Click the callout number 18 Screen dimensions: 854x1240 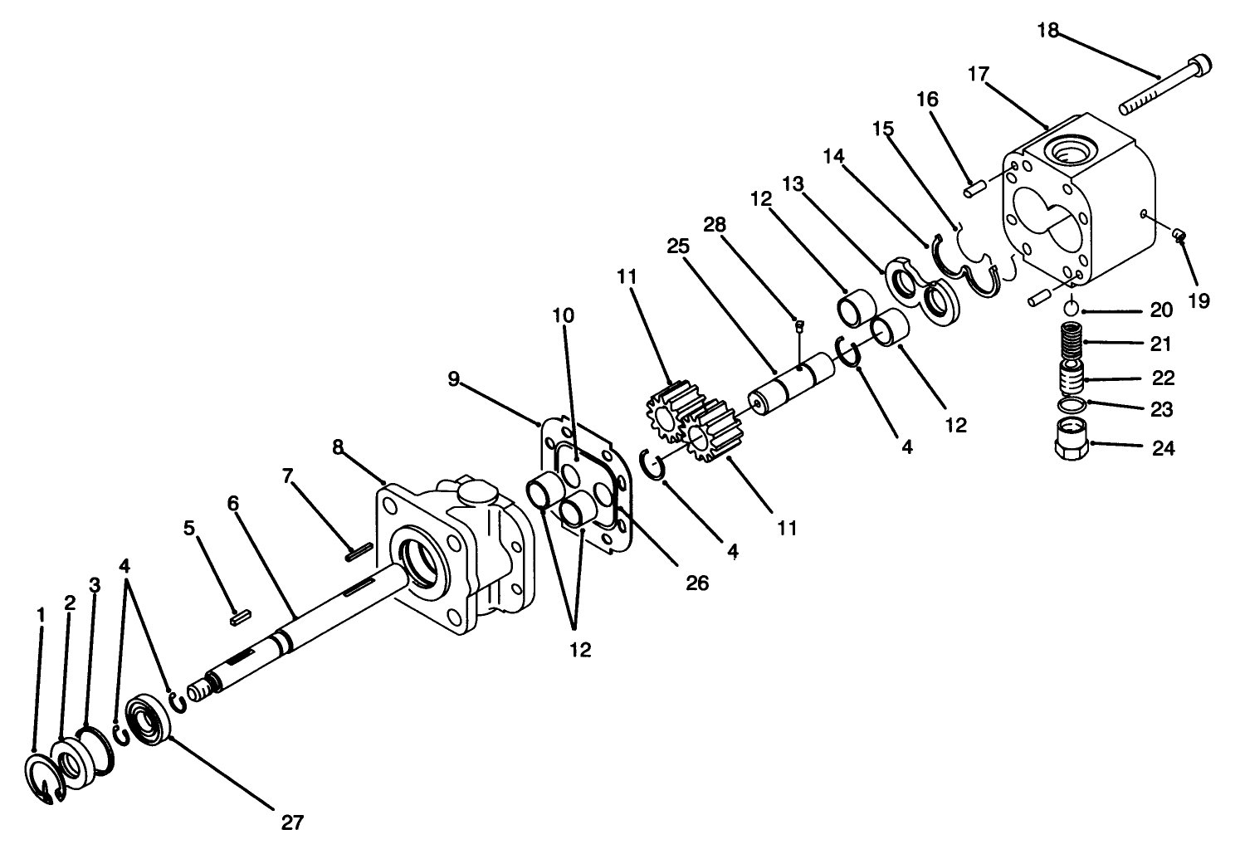[x=1047, y=31]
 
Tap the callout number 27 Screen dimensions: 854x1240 [x=291, y=822]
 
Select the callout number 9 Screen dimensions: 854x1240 [x=453, y=379]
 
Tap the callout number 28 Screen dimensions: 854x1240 [x=715, y=224]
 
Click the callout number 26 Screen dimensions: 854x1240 [x=697, y=583]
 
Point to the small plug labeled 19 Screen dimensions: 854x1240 [x=1178, y=237]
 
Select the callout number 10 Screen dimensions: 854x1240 [x=563, y=316]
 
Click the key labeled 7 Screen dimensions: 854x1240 [x=359, y=550]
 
